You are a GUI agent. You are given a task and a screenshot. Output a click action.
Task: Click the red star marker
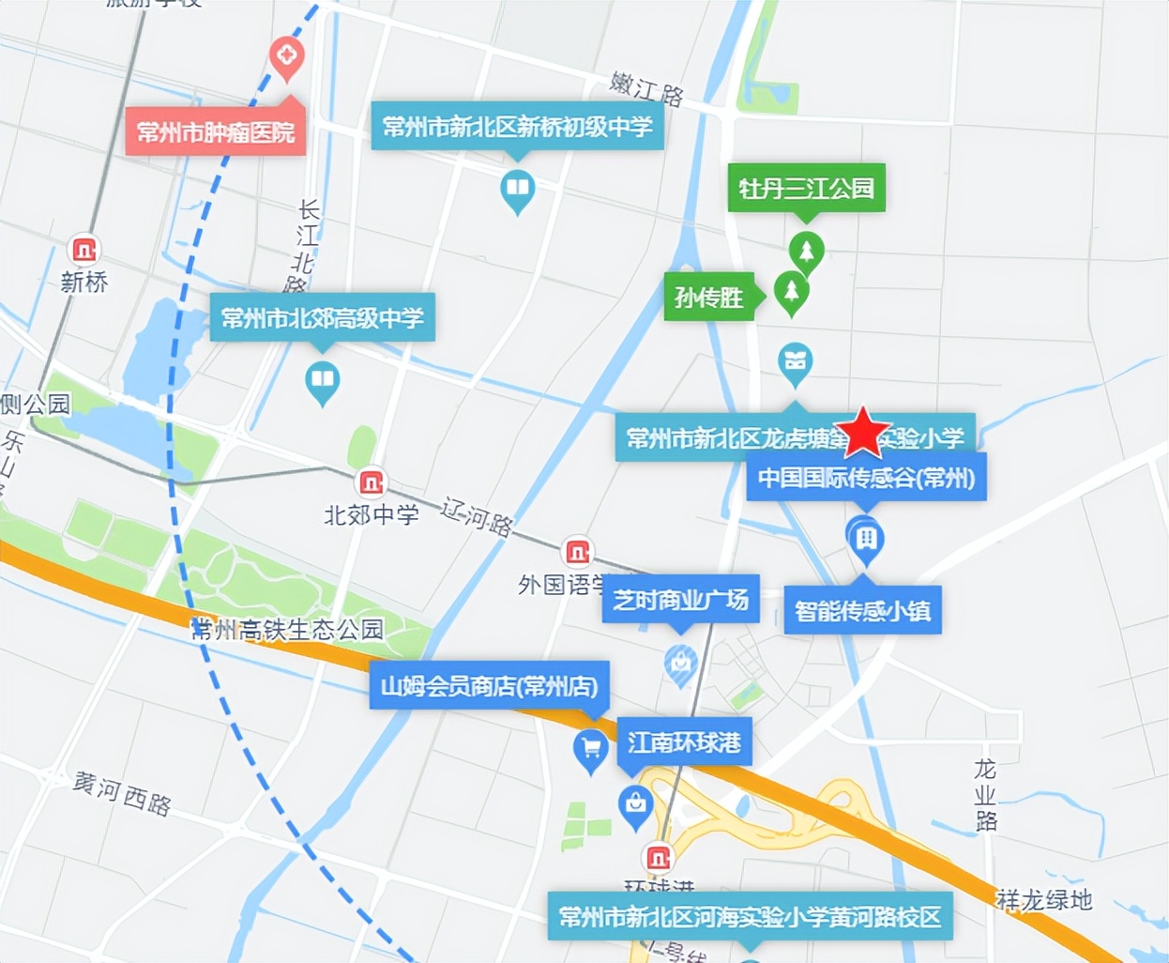point(862,433)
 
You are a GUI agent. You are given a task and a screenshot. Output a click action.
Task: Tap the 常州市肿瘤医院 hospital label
point(216,132)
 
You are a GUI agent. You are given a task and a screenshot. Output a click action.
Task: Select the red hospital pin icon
point(286,55)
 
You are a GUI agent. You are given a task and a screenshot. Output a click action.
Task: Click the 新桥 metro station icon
point(84,251)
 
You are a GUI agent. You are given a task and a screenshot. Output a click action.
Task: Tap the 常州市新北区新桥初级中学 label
point(517,127)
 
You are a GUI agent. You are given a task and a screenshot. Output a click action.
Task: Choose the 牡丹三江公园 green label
point(806,189)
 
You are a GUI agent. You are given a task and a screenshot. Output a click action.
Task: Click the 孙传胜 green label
point(709,298)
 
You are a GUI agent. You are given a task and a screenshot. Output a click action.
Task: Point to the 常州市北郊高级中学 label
point(322,318)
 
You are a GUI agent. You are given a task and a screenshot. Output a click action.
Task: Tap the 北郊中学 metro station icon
point(372,483)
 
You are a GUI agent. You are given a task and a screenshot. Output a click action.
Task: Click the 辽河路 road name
point(478,516)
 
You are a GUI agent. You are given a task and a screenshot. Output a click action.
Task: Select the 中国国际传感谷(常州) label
point(866,478)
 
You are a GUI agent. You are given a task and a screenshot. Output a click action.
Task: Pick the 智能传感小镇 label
point(862,611)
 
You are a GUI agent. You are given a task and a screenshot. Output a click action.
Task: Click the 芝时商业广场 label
point(680,600)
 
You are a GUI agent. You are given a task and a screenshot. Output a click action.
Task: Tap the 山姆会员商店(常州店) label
point(489,686)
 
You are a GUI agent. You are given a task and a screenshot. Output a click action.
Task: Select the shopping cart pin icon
point(590,749)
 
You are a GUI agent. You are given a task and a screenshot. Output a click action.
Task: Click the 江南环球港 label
point(684,742)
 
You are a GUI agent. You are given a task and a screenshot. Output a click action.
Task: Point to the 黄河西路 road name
point(122,793)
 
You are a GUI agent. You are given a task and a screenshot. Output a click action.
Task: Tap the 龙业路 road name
point(985,795)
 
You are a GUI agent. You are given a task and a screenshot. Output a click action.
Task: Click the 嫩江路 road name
point(646,88)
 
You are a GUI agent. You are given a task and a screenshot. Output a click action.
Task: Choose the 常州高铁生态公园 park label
point(287,629)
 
